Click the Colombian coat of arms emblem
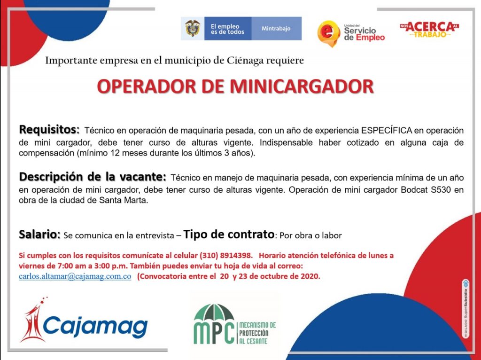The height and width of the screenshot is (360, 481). [x=192, y=28]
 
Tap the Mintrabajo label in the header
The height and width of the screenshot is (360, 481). [x=276, y=29]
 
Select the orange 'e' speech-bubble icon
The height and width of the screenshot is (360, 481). [x=328, y=33]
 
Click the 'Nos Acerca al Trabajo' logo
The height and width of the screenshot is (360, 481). [x=429, y=30]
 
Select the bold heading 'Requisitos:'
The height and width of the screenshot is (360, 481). [x=49, y=130]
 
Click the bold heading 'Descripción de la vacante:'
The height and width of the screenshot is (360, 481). [x=93, y=177]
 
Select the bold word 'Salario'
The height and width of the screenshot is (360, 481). [x=38, y=234]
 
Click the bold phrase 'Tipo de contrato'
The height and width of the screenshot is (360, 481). [x=229, y=234]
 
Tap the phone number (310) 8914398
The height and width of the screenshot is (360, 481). [x=226, y=255]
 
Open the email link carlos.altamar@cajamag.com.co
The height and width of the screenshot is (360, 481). [x=75, y=276]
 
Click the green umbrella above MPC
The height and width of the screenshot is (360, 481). [x=214, y=313]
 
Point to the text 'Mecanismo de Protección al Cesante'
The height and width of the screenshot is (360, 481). [x=257, y=333]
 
